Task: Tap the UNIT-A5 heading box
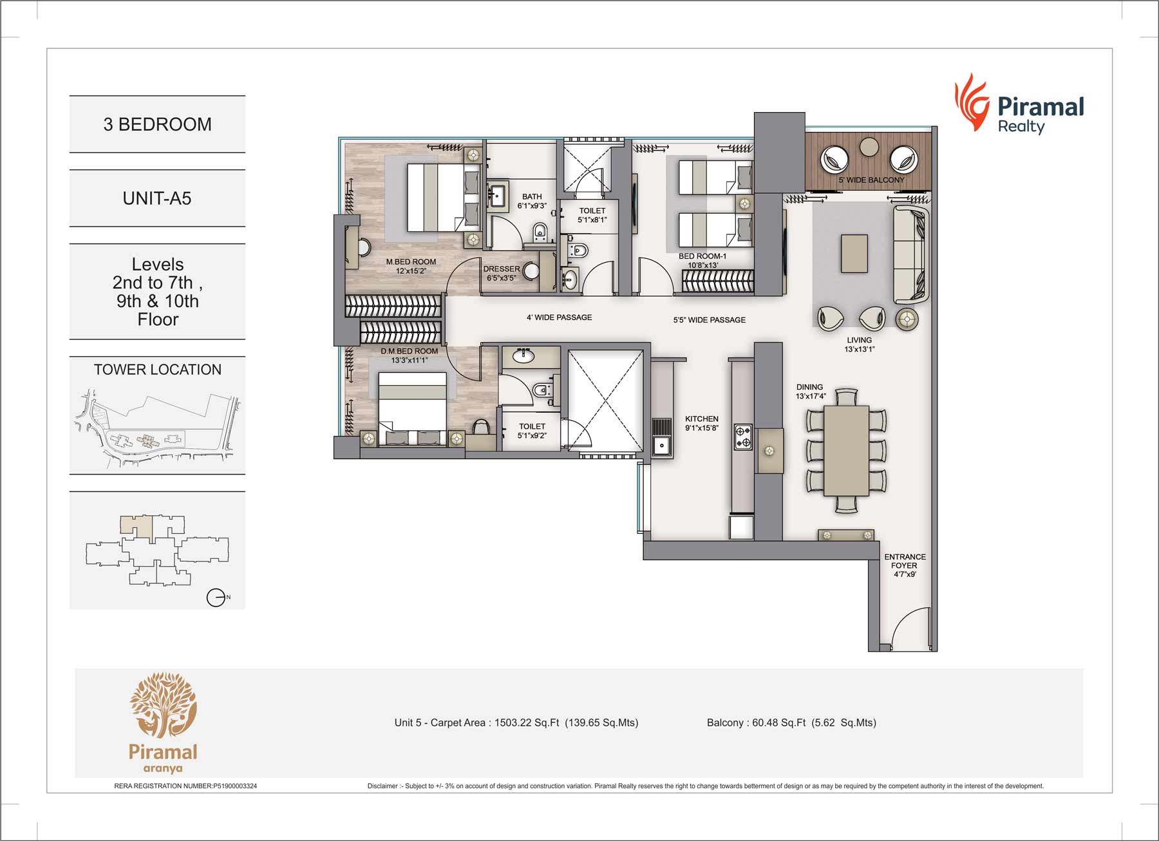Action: click(157, 198)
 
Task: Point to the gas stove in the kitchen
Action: click(742, 437)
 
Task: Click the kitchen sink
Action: click(661, 444)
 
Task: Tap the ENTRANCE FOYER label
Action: click(905, 565)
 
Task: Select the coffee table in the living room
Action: click(854, 254)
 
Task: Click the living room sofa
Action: click(910, 255)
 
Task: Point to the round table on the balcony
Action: click(869, 147)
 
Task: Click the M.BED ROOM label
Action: click(411, 266)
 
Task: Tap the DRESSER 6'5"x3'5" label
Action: click(501, 273)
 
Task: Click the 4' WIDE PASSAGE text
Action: click(559, 317)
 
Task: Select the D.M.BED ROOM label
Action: click(409, 355)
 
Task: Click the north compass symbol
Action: click(216, 598)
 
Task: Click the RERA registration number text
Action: click(185, 786)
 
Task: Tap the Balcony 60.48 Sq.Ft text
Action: click(791, 723)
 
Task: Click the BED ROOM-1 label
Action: click(702, 260)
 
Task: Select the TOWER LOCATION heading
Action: click(157, 370)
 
